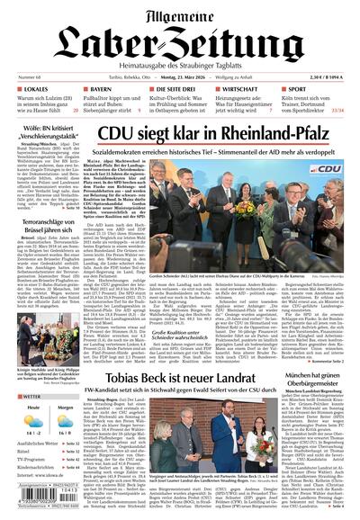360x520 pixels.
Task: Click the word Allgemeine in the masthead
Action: click(180, 12)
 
